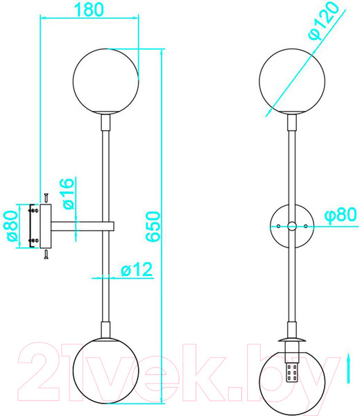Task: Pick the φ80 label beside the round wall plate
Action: [341, 215]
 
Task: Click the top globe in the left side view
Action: [106, 79]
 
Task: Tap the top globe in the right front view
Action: [291, 79]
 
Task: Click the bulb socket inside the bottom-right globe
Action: [291, 372]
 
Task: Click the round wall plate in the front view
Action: [291, 226]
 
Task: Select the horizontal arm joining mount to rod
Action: [83, 226]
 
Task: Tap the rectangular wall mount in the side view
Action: [46, 226]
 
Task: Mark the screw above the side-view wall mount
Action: [46, 198]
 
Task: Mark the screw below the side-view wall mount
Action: [46, 254]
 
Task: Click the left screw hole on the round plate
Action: [278, 226]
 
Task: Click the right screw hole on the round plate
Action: [305, 226]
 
